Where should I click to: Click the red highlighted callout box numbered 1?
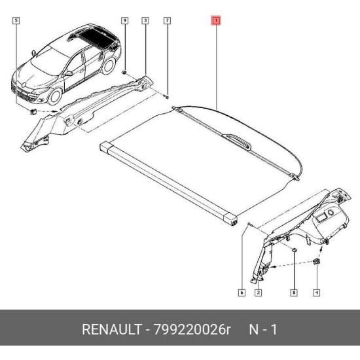pyautogui.click(x=216, y=21)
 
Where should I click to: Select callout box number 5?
pyautogui.click(x=16, y=21)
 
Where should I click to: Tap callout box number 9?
pyautogui.click(x=124, y=21)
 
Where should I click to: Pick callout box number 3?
pyautogui.click(x=145, y=21)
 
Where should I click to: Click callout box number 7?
pyautogui.click(x=168, y=21)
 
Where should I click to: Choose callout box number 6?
pyautogui.click(x=242, y=293)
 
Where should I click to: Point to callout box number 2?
pyautogui.click(x=259, y=293)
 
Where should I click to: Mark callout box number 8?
pyautogui.click(x=294, y=293)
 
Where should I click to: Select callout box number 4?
pyautogui.click(x=317, y=293)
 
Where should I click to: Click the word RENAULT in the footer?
pyautogui.click(x=111, y=329)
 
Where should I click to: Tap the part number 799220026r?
pyautogui.click(x=192, y=329)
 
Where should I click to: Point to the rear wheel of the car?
pyautogui.click(x=109, y=65)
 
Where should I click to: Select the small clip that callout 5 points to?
pyautogui.click(x=33, y=111)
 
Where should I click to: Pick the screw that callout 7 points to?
pyautogui.click(x=167, y=98)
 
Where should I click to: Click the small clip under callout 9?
pyautogui.click(x=124, y=73)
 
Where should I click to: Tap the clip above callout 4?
pyautogui.click(x=317, y=261)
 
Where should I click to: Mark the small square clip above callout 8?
pyautogui.click(x=294, y=250)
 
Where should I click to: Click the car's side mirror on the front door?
pyautogui.click(x=69, y=73)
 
